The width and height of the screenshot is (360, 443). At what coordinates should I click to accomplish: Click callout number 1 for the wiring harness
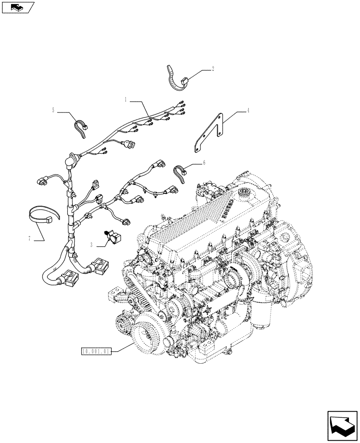(126, 100)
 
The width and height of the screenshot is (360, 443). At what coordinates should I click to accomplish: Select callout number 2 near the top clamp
(213, 69)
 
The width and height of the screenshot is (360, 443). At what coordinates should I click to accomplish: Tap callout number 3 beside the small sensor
(91, 244)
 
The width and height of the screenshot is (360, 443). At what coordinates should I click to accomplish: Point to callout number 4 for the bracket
(248, 111)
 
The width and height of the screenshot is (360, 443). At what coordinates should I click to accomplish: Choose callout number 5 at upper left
(53, 110)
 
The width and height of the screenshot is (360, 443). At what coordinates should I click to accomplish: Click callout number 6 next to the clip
(204, 163)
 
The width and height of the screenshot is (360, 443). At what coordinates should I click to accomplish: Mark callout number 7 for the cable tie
(29, 239)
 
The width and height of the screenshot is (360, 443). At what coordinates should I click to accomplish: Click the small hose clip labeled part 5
(82, 127)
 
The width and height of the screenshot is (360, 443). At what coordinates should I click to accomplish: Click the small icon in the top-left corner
(18, 7)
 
